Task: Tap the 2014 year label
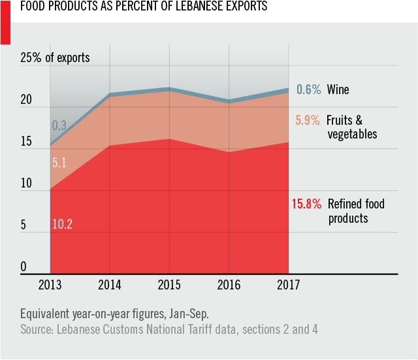tap(110, 286)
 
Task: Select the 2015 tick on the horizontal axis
tap(169, 286)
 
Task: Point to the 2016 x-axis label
tap(229, 286)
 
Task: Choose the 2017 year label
tap(288, 286)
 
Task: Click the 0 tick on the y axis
tap(24, 267)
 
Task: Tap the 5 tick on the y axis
tap(24, 225)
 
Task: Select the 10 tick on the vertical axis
tap(26, 184)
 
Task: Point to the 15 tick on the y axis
tap(26, 142)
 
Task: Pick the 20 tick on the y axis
tap(27, 101)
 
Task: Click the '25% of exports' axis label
tap(56, 58)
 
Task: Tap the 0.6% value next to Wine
tap(309, 90)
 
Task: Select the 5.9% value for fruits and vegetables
tap(308, 120)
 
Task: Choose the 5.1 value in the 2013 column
tap(59, 163)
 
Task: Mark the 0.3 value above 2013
tap(59, 125)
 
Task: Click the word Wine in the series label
tap(338, 90)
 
